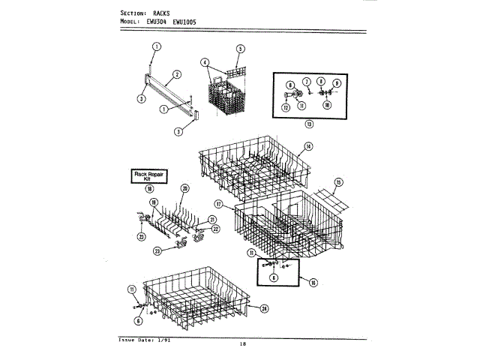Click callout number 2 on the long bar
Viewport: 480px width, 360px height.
tap(175, 73)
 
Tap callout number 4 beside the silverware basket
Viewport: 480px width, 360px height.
tap(204, 62)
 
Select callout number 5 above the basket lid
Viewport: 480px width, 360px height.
tap(240, 49)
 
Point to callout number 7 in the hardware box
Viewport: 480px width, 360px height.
tap(307, 81)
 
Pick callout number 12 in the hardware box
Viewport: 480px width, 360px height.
tap(285, 107)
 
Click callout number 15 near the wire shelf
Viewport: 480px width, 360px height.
tap(338, 182)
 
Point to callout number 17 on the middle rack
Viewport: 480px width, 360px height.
tap(219, 203)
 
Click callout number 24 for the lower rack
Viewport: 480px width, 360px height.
tap(265, 308)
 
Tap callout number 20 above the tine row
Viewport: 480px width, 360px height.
tap(185, 187)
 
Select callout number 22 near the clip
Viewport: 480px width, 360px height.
tap(215, 228)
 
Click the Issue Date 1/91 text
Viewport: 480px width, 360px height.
tap(144, 340)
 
